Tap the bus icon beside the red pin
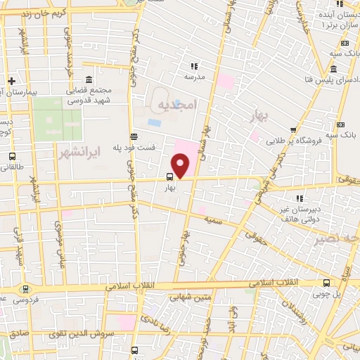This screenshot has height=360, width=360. [x=169, y=178]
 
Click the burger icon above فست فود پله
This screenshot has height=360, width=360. [x=134, y=136]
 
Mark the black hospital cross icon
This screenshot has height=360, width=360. [x=12, y=82]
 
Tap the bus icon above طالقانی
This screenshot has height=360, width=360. [x=12, y=156]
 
